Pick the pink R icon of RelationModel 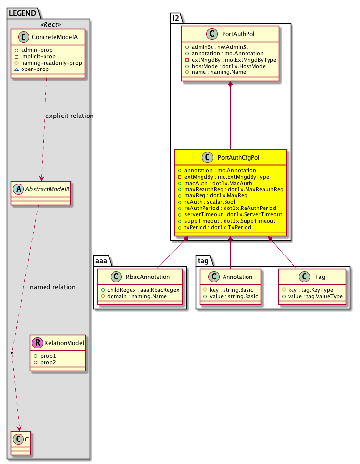click(38, 343)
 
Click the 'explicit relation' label click(69, 116)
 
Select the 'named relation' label click(53, 287)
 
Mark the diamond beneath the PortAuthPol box click(231, 85)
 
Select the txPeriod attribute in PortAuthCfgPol click(218, 227)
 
